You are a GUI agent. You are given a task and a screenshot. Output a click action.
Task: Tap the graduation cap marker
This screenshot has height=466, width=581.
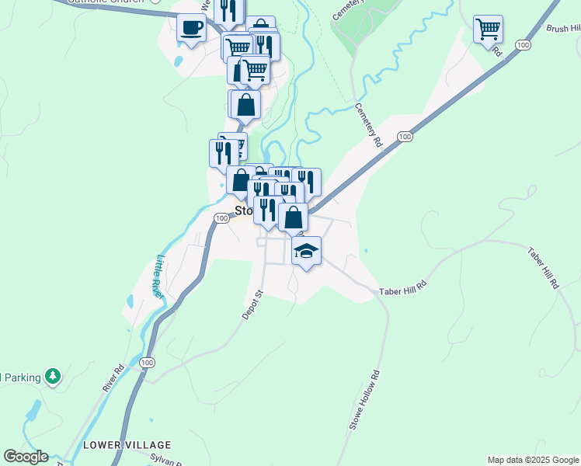pos(307,251)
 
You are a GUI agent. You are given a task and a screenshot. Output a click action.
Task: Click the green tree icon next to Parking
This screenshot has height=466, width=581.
pos(53,377)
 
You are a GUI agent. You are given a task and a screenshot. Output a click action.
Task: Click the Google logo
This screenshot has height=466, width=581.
pos(26,457)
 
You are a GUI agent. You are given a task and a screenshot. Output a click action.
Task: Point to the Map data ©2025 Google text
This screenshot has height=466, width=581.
pos(532,460)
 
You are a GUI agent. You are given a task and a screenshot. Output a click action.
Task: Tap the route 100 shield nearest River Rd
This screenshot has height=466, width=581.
pos(146,363)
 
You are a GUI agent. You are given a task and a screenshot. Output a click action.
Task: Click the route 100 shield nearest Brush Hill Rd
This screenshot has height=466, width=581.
pos(524,46)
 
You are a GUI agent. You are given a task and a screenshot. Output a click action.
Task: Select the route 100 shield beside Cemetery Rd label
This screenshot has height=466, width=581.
pos(404,137)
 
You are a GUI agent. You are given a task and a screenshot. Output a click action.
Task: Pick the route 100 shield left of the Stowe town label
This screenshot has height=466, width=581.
pos(221,218)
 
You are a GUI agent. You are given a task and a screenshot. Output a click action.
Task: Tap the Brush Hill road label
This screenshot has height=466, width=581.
pos(562,28)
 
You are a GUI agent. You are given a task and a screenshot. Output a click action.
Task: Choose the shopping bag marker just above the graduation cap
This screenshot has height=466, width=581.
pos(293,217)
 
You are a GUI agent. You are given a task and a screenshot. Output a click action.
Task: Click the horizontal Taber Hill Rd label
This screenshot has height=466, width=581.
pos(403,290)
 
